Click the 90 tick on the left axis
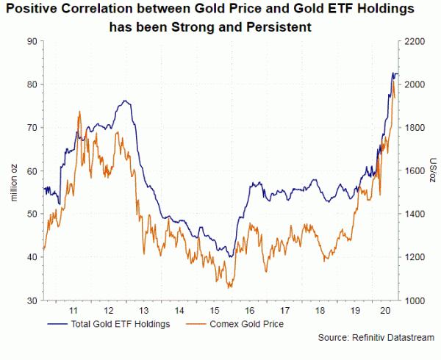[x=31, y=41]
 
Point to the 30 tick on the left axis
[x=31, y=301]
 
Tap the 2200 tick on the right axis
[x=415, y=41]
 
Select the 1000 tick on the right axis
[x=415, y=301]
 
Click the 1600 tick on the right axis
[x=415, y=171]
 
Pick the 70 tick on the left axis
[x=31, y=128]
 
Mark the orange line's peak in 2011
[x=79, y=111]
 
